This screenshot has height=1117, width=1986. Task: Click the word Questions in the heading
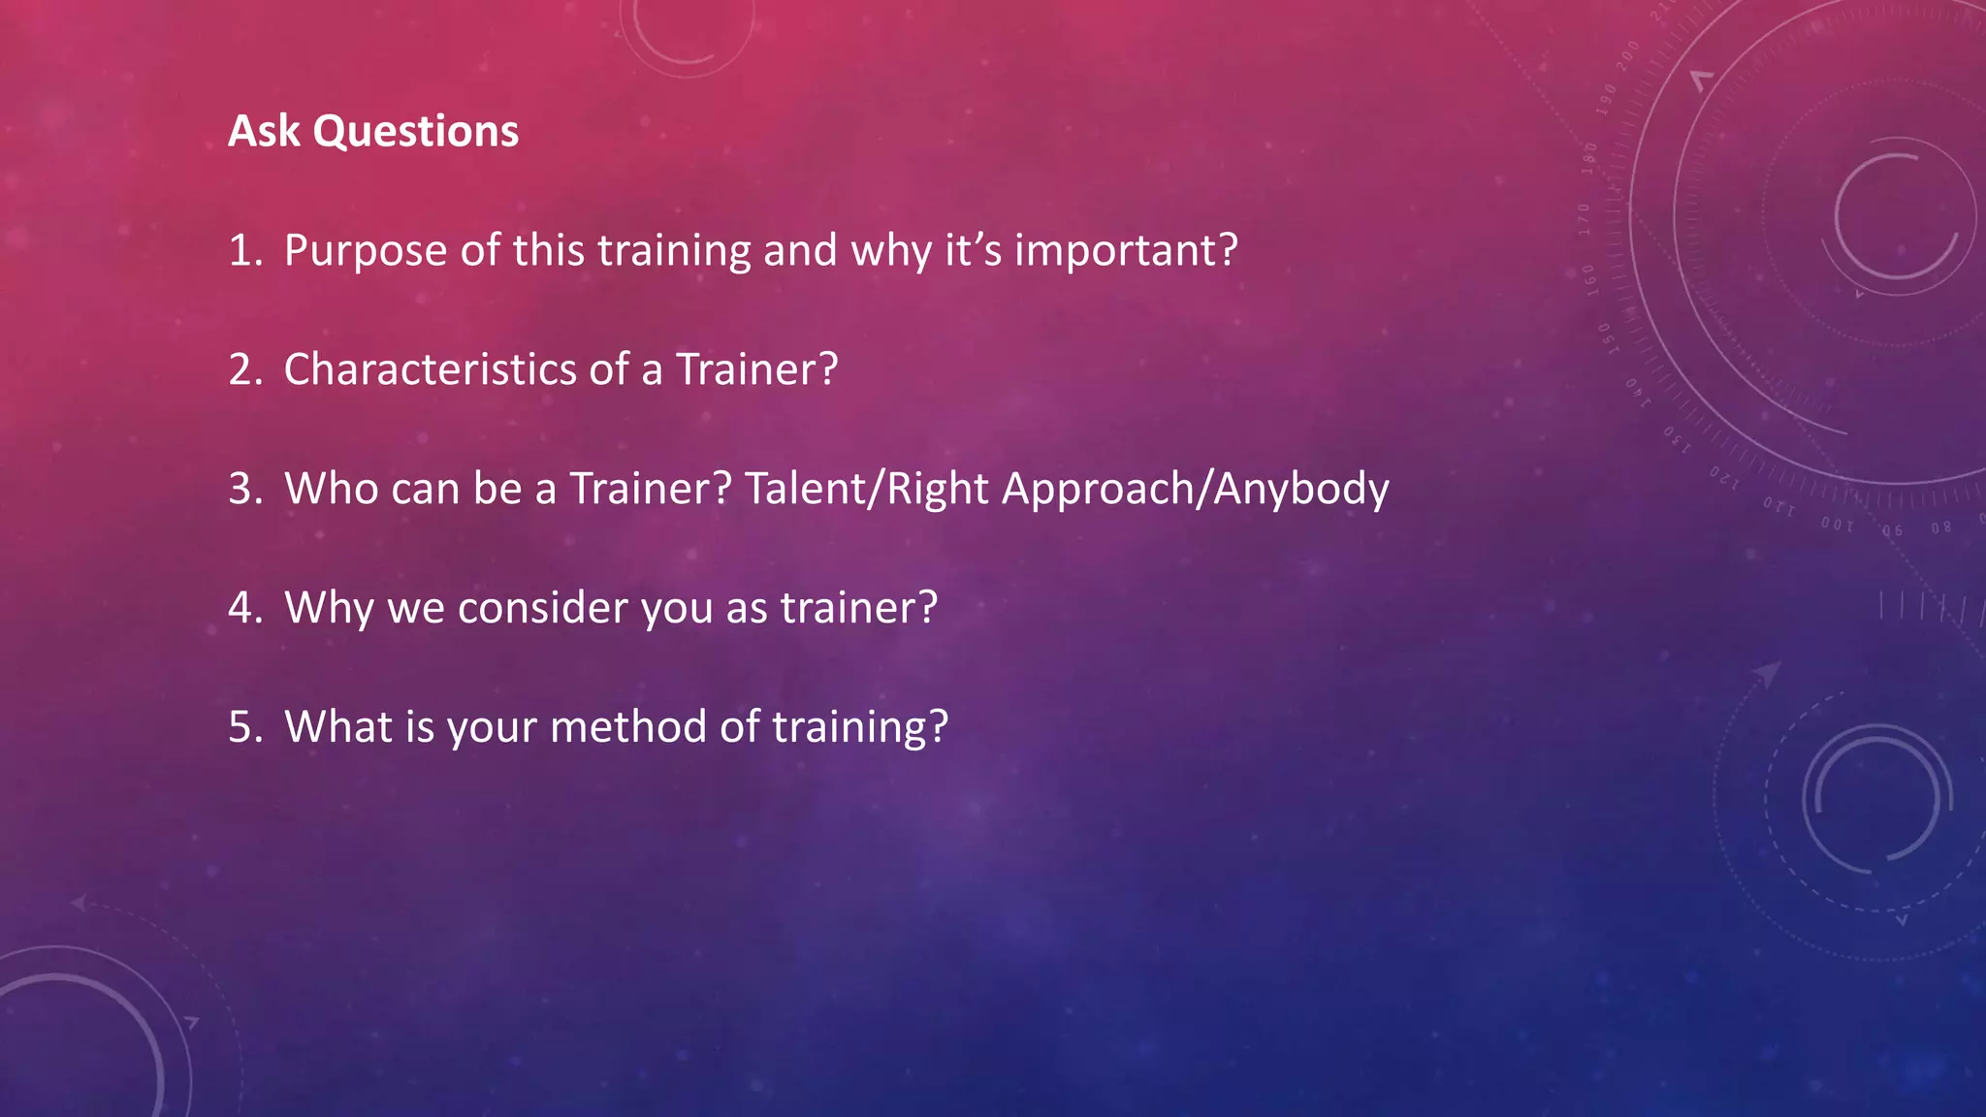[415, 132]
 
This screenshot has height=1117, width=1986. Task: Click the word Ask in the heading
[264, 132]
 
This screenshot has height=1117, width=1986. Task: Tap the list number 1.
[243, 251]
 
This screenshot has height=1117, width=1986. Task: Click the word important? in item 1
[1126, 251]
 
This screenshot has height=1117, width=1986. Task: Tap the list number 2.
[243, 370]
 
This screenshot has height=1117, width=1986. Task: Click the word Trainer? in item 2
[756, 370]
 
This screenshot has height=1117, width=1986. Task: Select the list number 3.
[243, 490]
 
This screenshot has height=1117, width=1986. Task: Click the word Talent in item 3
[801, 490]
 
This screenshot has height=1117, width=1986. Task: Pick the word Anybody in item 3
[1301, 490]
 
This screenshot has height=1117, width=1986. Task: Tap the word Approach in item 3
[1098, 490]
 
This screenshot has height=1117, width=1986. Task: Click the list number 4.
[243, 609]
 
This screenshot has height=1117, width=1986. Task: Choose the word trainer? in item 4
[859, 609]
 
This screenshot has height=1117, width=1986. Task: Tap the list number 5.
[243, 728]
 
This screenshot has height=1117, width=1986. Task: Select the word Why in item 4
[330, 609]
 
